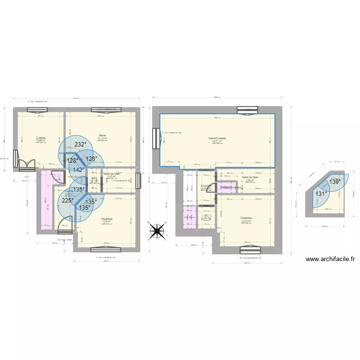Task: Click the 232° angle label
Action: point(80,144)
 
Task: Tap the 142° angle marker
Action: point(78,169)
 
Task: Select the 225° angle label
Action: point(67,201)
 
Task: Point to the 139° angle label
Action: point(334,182)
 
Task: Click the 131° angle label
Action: point(321,194)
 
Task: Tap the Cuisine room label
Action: point(40,138)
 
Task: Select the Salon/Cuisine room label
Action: point(217,139)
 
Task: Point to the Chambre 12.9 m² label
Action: point(106,219)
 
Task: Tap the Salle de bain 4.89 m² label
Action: point(250,178)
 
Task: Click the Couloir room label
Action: point(205,186)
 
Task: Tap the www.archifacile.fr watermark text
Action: point(330,259)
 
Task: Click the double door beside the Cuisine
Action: point(26,164)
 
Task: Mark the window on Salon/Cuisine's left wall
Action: point(156,140)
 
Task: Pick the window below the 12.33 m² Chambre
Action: point(248,249)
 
